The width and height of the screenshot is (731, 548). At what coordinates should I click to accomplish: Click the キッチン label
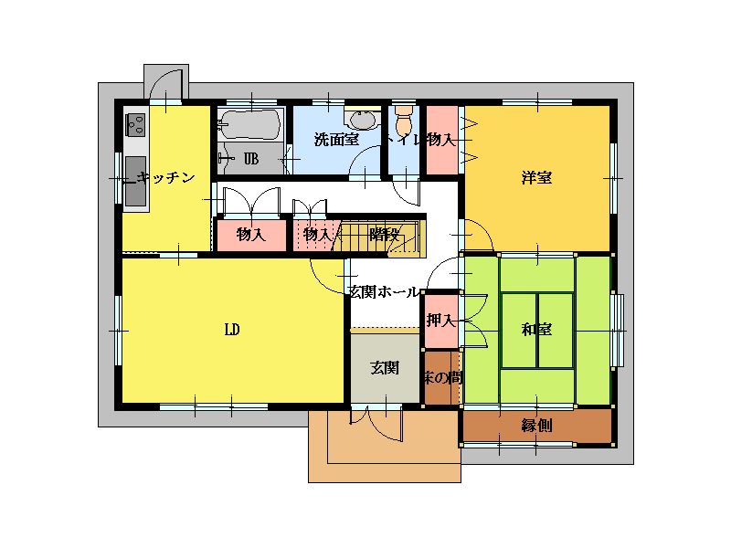(166, 177)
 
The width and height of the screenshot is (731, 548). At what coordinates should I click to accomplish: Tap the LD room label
(232, 330)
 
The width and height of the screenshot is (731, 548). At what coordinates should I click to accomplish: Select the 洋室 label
(536, 177)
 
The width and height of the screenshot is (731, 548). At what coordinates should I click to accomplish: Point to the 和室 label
(536, 330)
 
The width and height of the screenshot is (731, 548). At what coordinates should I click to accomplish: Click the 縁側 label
(536, 426)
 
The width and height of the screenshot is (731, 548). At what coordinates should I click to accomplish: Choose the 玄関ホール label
(383, 292)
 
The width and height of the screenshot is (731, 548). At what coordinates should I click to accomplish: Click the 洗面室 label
(336, 140)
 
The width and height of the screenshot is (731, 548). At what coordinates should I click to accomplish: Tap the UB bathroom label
(251, 159)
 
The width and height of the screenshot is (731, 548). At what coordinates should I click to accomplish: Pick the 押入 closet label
(440, 321)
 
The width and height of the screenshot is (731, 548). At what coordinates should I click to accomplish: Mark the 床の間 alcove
(441, 377)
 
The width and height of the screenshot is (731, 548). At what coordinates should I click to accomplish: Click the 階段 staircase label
(384, 235)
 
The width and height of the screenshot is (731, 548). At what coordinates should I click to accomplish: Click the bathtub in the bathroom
(250, 124)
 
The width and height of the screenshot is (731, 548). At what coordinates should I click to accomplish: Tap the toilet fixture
(403, 120)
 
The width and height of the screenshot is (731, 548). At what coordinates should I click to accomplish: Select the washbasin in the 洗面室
(362, 121)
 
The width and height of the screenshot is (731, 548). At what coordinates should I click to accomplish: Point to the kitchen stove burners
(135, 124)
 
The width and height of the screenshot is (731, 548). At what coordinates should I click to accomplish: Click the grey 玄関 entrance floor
(385, 367)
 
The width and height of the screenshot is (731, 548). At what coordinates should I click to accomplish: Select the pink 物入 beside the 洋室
(442, 140)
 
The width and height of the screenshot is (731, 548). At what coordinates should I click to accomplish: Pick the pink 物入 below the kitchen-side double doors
(251, 235)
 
